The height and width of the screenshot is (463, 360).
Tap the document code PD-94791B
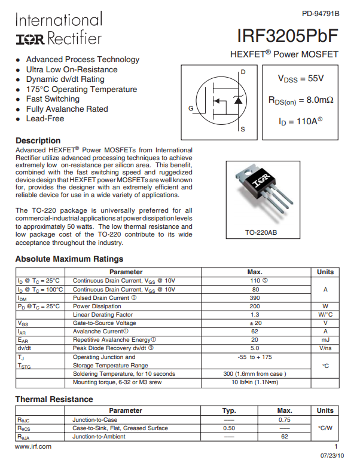320,13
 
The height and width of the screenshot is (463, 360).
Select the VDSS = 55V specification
301,78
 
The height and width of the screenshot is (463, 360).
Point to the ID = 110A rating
300,121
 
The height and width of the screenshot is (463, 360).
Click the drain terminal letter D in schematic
243,72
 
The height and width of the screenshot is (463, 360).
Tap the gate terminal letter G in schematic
191,109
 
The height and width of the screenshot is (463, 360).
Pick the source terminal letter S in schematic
242,129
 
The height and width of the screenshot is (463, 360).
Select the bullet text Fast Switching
53,99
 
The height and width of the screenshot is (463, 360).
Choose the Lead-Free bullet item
45,119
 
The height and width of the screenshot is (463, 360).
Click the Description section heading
38,141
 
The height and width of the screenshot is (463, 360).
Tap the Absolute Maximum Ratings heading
69,259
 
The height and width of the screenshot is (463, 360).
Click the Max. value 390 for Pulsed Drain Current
255,298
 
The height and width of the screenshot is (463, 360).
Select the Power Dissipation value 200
255,306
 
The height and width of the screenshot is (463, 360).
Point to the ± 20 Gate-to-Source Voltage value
255,323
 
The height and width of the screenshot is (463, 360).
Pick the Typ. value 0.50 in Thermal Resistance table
229,428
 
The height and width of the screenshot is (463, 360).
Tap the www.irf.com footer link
33,446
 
